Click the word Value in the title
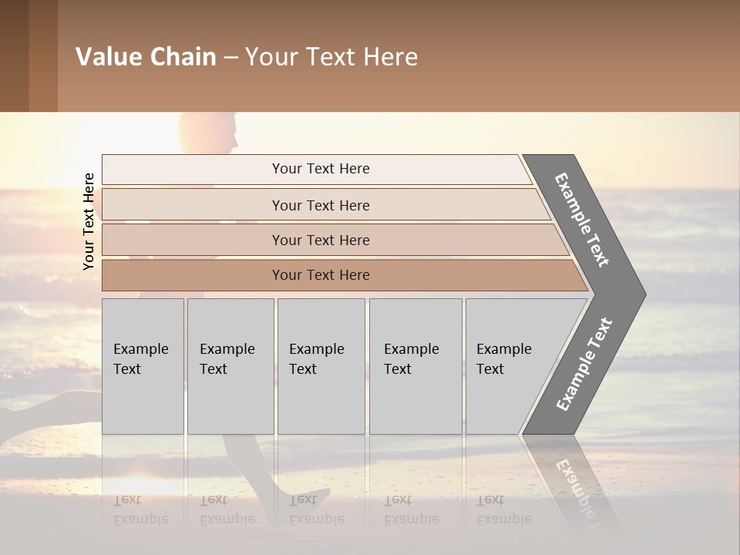click(107, 57)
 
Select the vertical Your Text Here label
click(89, 221)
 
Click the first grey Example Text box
click(143, 365)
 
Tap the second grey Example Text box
click(230, 365)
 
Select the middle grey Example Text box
click(321, 365)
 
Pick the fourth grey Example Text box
click(415, 365)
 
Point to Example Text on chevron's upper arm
click(582, 220)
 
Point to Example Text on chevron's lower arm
click(584, 365)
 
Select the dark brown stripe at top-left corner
click(14, 55)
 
